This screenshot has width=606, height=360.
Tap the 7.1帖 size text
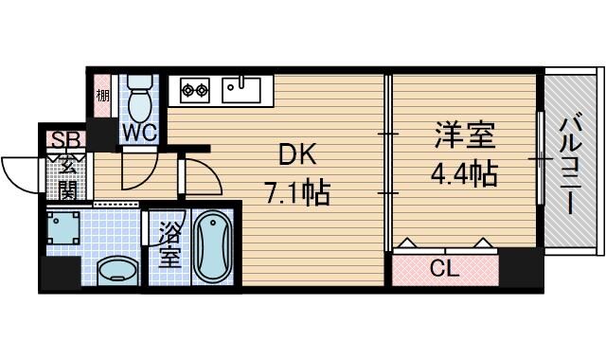click(x=296, y=195)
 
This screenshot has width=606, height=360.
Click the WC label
click(x=137, y=133)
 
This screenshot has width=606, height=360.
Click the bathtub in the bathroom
click(x=213, y=245)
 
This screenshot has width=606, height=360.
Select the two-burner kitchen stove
click(x=194, y=91)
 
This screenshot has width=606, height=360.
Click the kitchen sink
click(x=242, y=90)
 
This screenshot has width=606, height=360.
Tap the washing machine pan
click(x=65, y=230)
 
